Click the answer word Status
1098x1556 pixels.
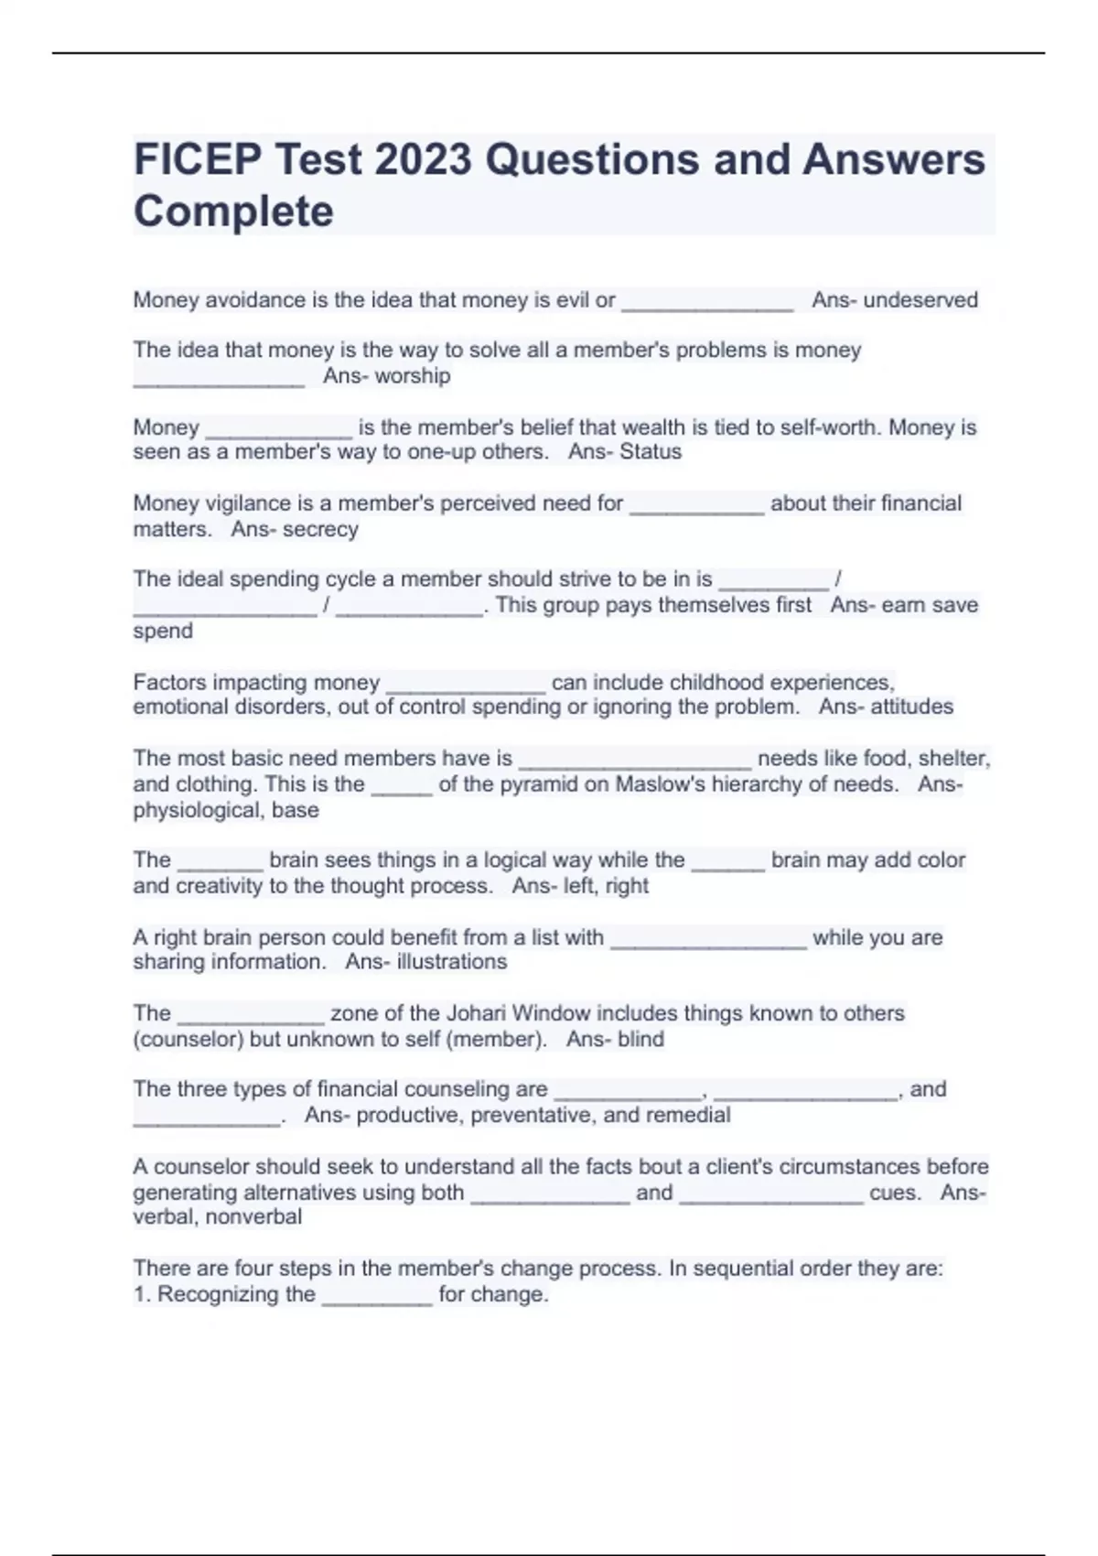click(651, 452)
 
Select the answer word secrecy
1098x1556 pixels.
click(320, 529)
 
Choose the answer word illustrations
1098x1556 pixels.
click(451, 962)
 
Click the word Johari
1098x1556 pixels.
click(480, 1013)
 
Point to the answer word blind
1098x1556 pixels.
click(640, 1039)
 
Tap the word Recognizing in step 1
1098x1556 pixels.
click(236, 1294)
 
